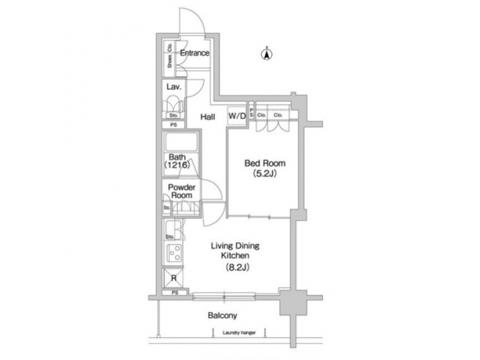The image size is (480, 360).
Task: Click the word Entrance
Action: [195, 53]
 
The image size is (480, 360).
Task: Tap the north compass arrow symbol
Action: [266, 55]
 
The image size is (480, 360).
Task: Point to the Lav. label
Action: [175, 87]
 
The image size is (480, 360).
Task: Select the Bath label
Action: [177, 157]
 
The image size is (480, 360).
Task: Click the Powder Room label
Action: [181, 191]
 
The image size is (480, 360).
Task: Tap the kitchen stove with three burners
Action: [175, 254]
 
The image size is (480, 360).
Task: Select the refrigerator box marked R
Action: [174, 278]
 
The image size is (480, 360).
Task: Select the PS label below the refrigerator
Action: [175, 293]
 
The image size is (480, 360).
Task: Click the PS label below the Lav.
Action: [174, 125]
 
